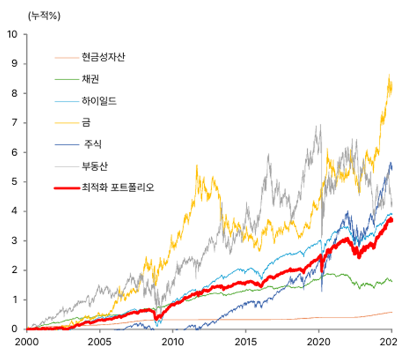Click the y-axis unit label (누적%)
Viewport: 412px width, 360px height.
[x=44, y=15]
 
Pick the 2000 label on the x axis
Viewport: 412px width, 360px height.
[x=26, y=342]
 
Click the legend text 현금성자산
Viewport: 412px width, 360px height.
[x=104, y=57]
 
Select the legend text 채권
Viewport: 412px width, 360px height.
[x=91, y=78]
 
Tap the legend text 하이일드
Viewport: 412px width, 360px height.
[x=99, y=101]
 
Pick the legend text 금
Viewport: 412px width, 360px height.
[x=86, y=123]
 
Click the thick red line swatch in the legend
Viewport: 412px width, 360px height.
[x=66, y=189]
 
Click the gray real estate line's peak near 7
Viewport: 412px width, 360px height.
[x=320, y=125]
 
